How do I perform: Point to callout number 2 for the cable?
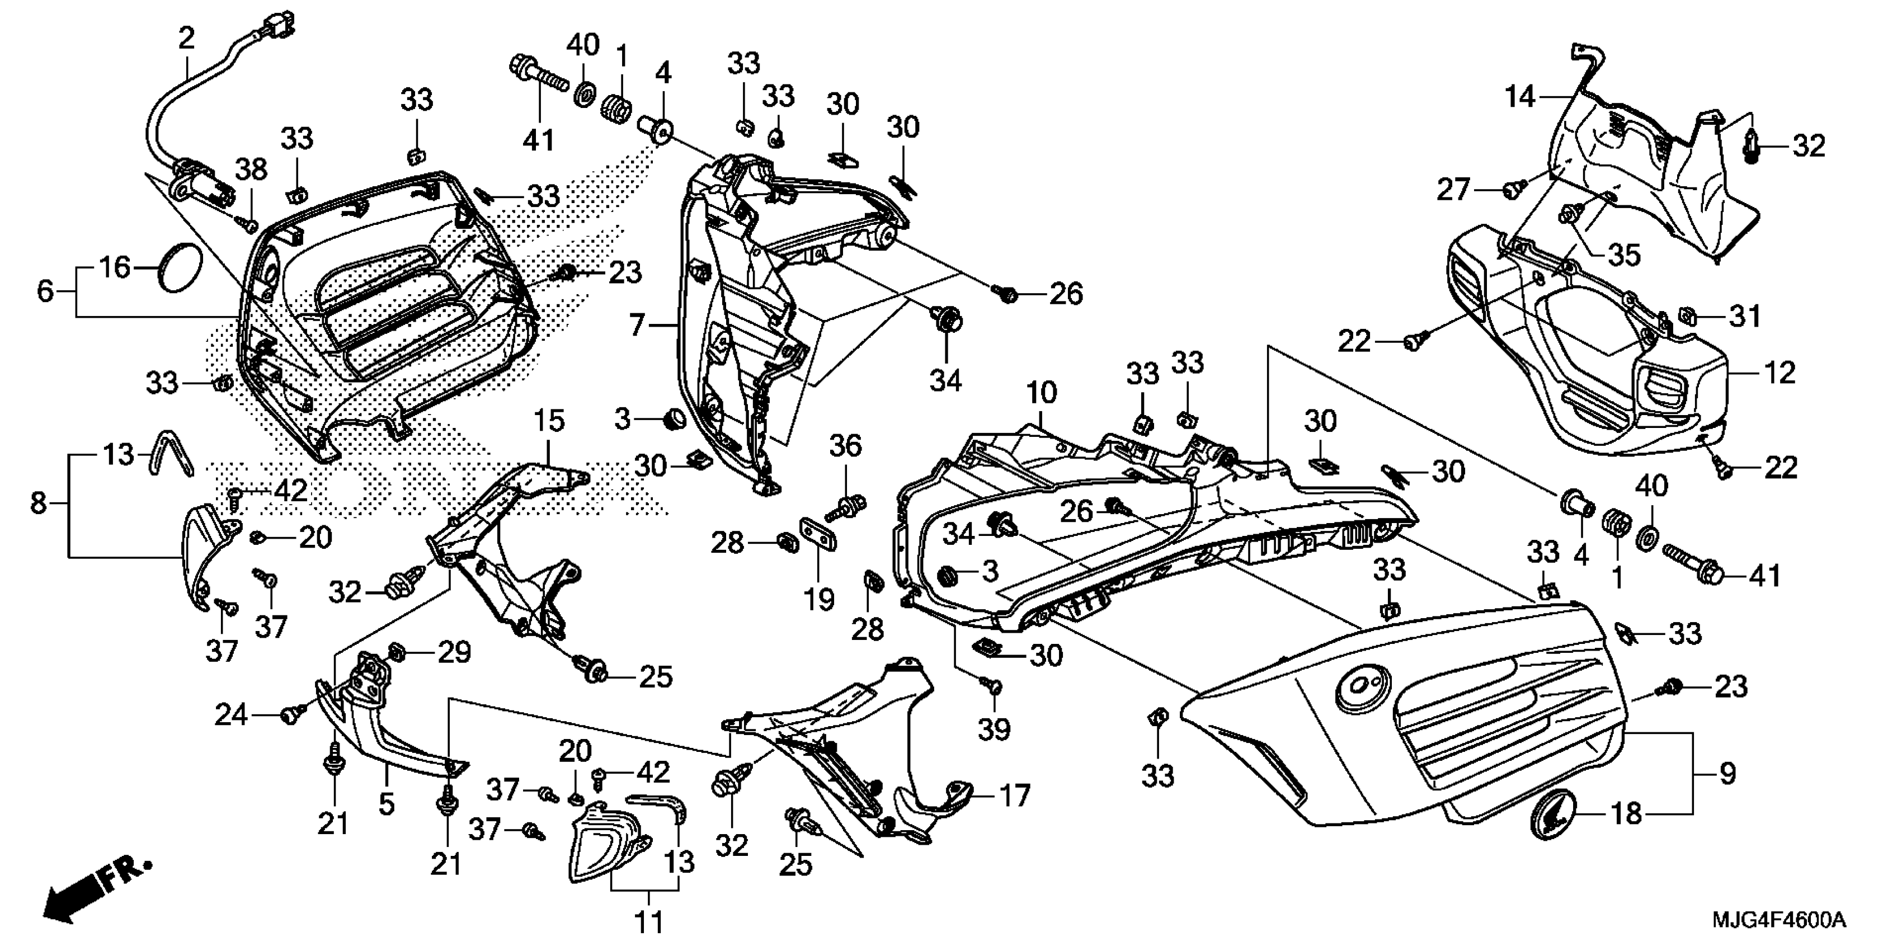coord(186,39)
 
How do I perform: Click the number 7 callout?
coord(637,325)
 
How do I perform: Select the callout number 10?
coord(1041,393)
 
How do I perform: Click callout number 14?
coord(1519,97)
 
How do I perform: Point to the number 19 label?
coord(818,600)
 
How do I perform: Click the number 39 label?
coord(994,730)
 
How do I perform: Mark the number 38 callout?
coord(251,170)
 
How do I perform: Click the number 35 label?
coord(1623,256)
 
